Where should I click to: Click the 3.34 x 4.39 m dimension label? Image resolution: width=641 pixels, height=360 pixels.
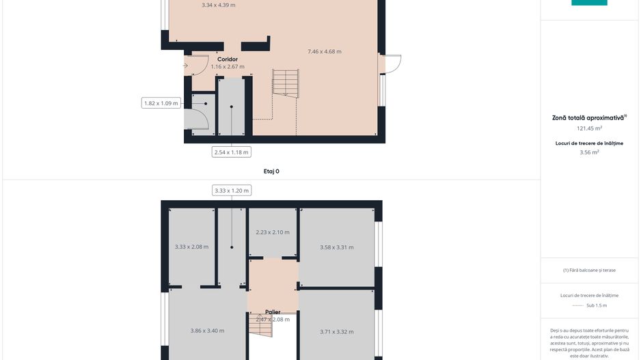pos(219,5)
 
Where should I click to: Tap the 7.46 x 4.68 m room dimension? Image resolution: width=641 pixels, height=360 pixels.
pos(325,52)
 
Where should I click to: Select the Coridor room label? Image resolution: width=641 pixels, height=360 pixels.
pos(228,59)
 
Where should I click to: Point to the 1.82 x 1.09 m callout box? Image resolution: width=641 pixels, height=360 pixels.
pos(161,103)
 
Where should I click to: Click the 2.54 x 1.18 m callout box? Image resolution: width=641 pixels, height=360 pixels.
pos(232,152)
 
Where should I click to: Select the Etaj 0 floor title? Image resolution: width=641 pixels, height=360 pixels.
pos(271,171)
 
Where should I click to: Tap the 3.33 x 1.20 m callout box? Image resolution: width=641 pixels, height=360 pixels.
pos(232,191)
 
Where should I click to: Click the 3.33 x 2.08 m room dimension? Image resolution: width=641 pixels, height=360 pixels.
pos(191,247)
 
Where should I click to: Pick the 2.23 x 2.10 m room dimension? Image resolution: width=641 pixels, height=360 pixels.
pos(273,232)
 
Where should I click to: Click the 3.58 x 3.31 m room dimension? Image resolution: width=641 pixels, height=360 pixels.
pos(337,247)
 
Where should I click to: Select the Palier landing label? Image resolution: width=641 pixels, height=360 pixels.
pos(273,312)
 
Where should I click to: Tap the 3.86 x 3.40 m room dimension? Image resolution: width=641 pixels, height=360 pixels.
pos(207,331)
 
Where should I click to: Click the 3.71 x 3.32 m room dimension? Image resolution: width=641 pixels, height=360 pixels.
pos(337,332)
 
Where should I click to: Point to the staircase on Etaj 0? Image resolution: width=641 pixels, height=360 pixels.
pos(286,83)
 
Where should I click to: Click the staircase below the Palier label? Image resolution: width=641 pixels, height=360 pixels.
pos(260,329)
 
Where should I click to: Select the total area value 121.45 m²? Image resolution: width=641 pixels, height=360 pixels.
pos(589,128)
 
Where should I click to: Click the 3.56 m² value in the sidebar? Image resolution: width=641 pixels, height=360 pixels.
pos(589,152)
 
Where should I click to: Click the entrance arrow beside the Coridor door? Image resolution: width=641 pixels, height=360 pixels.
pos(185,66)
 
